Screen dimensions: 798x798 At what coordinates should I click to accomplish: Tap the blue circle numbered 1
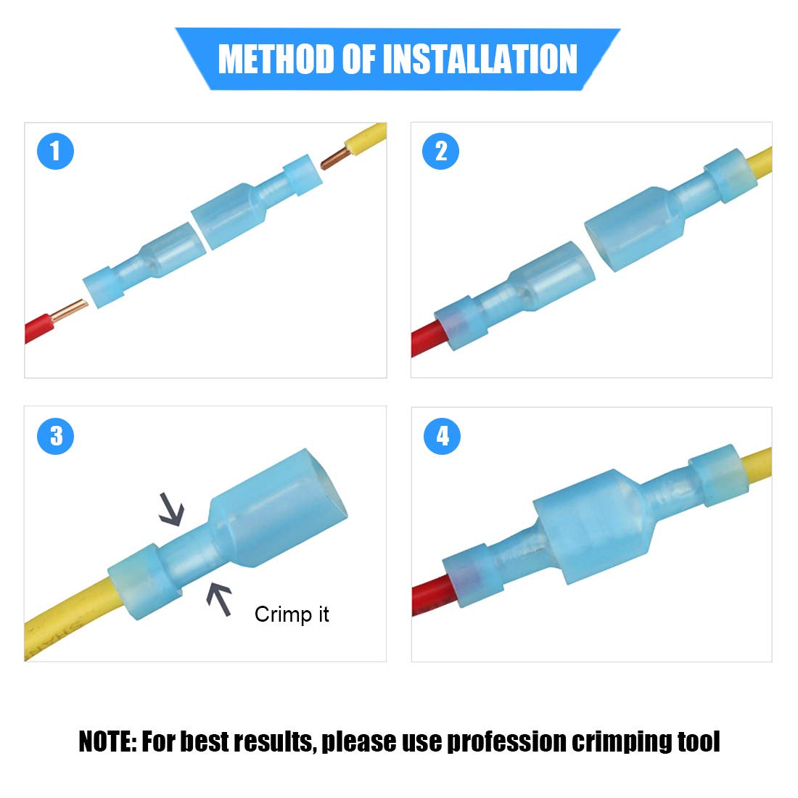[56, 152]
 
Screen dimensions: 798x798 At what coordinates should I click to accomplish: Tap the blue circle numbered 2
[441, 152]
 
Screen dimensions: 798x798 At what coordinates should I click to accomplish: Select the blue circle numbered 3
[56, 436]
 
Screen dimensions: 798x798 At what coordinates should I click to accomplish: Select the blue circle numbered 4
[442, 436]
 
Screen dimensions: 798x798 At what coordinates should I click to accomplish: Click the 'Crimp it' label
[292, 614]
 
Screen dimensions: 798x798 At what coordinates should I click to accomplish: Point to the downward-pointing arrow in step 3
[173, 509]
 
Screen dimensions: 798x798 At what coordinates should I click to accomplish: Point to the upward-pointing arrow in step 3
[218, 600]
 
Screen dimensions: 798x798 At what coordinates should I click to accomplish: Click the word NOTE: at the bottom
[107, 741]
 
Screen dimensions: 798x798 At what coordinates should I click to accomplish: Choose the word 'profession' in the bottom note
[506, 741]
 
